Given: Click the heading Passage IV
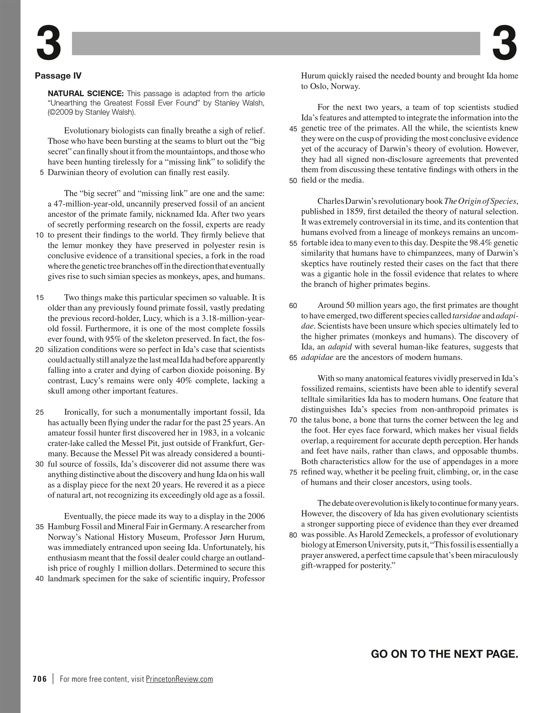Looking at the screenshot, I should tap(58, 76).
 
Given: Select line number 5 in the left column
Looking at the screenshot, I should tap(42, 173).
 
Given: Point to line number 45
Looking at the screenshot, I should tap(293, 129).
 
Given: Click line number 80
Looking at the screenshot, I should tap(293, 535).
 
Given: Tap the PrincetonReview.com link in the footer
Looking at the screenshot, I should tap(179, 679).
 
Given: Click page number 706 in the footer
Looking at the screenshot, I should tap(40, 679).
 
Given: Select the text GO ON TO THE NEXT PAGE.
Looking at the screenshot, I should tap(444, 654).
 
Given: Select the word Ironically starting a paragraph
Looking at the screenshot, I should tap(81, 412).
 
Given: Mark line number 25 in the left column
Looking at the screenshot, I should tap(40, 413).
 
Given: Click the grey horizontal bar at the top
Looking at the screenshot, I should tap(276, 43).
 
